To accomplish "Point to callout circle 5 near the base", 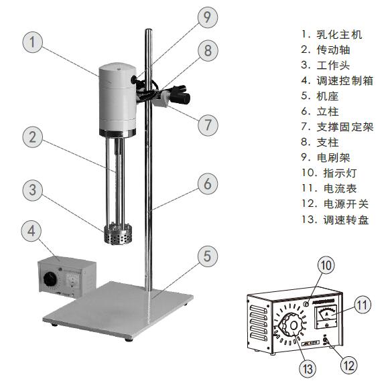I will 208,254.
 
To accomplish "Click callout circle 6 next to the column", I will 208,183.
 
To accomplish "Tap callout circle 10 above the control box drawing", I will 326,265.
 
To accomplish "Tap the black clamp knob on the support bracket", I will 182,98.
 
